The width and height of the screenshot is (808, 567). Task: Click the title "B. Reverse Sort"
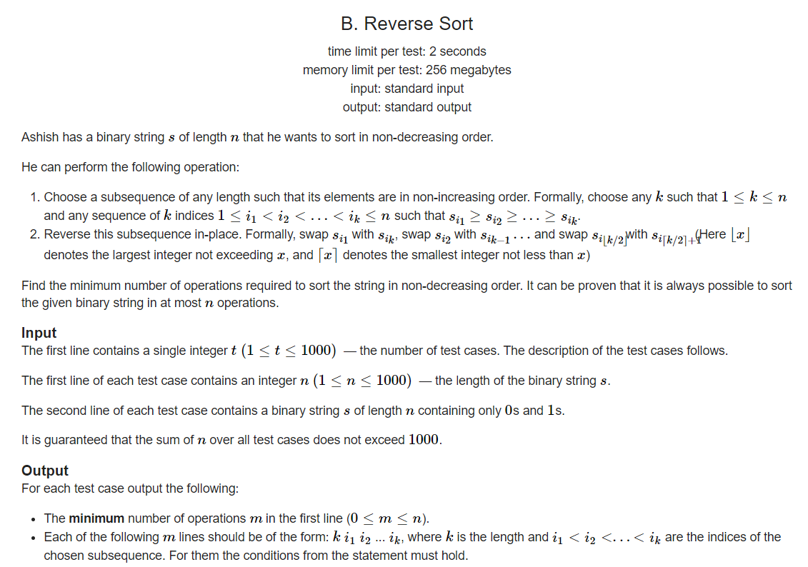[407, 24]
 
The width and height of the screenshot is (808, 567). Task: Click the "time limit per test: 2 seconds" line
[407, 51]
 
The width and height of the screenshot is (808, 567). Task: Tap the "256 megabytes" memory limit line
[407, 70]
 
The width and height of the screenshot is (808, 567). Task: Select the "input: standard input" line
[407, 89]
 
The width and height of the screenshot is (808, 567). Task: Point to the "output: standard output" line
[407, 107]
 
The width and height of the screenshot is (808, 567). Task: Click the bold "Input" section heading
[39, 333]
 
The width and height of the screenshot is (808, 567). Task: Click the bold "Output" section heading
[45, 471]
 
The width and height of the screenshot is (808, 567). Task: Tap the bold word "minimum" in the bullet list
[96, 518]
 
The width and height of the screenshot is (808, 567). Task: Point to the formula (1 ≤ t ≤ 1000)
[289, 351]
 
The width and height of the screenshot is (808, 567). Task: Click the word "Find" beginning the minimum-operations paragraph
[33, 286]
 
